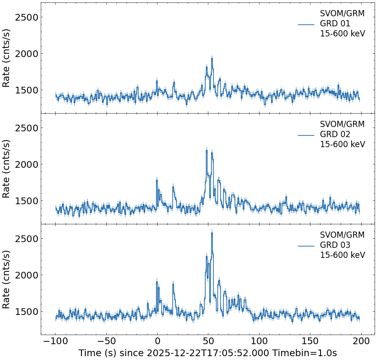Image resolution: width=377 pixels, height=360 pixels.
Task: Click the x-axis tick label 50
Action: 208,341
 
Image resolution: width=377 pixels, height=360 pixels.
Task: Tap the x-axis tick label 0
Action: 158,341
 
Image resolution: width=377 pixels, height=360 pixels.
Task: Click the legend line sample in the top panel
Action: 306,24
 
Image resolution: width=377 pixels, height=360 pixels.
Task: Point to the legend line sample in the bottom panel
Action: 306,245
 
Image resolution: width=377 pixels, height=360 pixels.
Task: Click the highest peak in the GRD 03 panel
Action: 212,233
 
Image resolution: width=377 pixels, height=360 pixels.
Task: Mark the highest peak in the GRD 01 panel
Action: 211,58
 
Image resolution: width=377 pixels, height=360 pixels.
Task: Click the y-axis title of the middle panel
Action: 7,168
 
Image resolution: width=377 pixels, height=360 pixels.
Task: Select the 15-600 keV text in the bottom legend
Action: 342,255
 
